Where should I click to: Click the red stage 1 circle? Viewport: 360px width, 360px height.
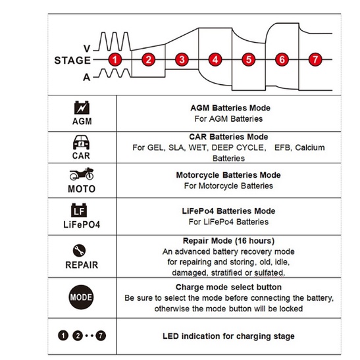tap(115, 60)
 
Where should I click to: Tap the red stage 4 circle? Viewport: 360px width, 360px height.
tap(215, 60)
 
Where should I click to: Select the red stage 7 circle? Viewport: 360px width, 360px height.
tap(315, 60)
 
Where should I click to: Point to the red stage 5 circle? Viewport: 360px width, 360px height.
tap(249, 60)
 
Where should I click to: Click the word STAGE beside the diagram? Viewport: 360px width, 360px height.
tap(72, 61)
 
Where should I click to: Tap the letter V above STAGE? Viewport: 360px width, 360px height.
tap(87, 49)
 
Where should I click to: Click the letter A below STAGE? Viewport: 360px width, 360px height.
tap(87, 78)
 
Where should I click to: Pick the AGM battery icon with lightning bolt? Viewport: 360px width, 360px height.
tap(82, 107)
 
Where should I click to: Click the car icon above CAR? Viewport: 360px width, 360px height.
tap(81, 142)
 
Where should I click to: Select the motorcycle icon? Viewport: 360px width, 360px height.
tap(82, 174)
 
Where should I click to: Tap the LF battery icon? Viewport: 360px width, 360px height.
tap(79, 210)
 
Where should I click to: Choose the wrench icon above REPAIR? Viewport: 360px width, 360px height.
tap(79, 250)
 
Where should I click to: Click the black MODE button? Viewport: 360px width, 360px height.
tap(81, 297)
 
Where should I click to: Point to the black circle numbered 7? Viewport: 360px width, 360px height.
tap(101, 336)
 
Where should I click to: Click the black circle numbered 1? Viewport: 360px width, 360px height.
tap(63, 336)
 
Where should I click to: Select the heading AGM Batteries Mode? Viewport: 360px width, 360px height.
tap(230, 108)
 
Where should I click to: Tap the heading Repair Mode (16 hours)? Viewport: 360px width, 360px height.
tap(228, 241)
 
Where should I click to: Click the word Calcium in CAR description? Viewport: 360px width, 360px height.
tap(310, 147)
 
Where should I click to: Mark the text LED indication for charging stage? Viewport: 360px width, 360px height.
tap(228, 336)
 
